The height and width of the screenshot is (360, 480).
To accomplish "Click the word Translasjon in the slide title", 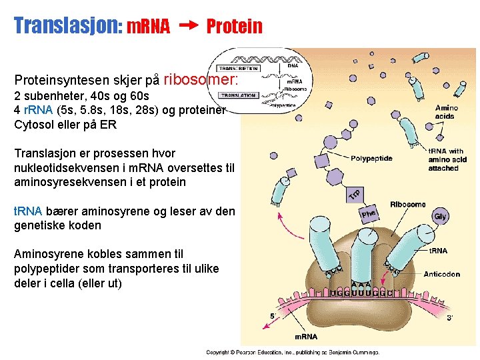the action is (x=65, y=26).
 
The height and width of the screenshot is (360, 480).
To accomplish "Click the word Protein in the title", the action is (x=235, y=27).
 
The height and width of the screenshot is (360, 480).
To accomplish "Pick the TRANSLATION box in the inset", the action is (x=238, y=95).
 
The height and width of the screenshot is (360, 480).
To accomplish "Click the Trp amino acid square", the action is (x=355, y=193).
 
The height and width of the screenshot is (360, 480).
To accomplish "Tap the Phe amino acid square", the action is (x=369, y=214).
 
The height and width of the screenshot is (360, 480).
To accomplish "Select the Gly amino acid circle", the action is (x=440, y=216).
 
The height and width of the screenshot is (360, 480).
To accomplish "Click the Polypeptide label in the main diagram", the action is (x=371, y=159).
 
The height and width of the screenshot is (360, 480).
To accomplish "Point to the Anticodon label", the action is (x=442, y=274).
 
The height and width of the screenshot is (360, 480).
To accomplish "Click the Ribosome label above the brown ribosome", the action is (x=409, y=204).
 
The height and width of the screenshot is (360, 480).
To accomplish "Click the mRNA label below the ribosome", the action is (x=307, y=336).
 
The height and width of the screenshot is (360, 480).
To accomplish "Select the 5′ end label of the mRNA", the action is (x=273, y=315).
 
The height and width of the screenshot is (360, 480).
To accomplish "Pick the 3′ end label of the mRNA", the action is (x=450, y=318).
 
